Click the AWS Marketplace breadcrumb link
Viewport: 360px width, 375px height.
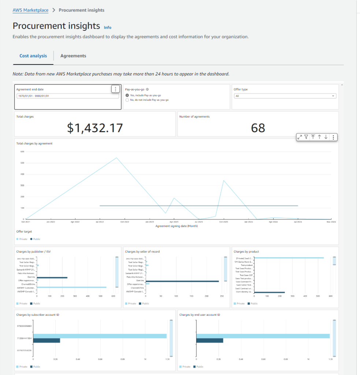point(30,10)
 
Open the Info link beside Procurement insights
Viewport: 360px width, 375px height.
point(108,27)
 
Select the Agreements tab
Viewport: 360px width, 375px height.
point(73,56)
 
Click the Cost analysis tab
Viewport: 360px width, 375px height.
point(33,56)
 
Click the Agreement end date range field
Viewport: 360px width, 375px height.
point(68,96)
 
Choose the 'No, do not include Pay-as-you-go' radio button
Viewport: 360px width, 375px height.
point(127,100)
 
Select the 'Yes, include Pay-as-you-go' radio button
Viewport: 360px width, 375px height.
point(127,95)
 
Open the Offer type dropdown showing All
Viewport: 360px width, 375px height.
point(285,96)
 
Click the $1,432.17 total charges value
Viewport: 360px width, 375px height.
point(95,127)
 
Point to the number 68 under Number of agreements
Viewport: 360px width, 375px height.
point(258,127)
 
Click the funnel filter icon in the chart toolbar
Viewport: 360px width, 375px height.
point(306,137)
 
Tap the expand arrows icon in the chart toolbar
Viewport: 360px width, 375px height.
point(300,137)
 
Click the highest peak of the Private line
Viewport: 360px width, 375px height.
point(116,158)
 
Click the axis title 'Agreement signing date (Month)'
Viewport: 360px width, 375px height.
point(177,226)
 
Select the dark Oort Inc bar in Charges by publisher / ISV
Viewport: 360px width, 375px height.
point(52,278)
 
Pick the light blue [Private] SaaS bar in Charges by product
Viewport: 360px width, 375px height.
point(289,258)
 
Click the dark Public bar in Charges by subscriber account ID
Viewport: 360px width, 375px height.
point(47,341)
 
